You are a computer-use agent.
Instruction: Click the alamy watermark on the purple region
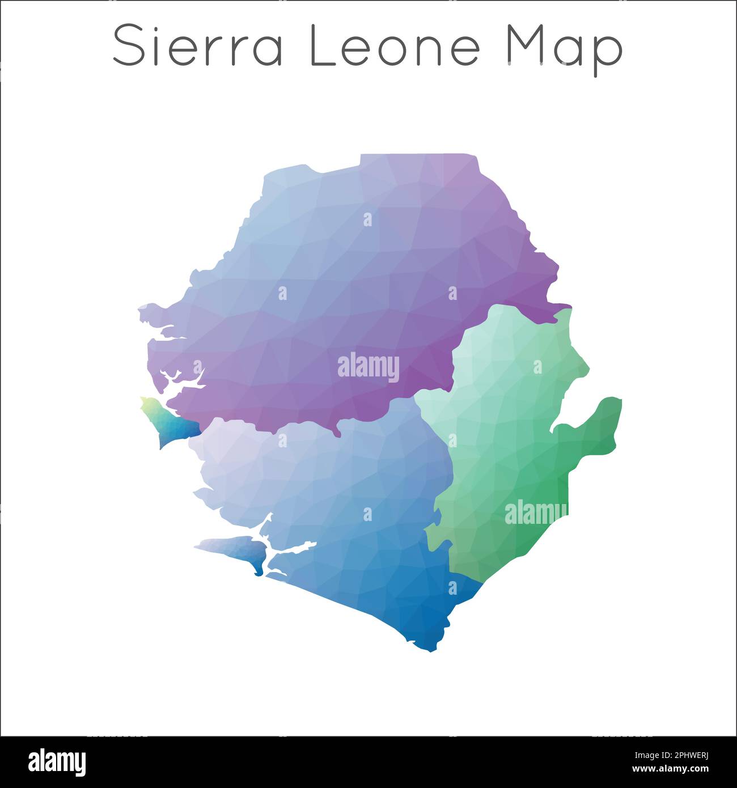click(x=369, y=367)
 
